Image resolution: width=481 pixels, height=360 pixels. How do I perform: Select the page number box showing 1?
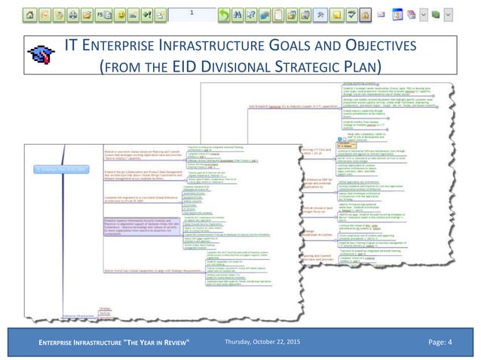(x=191, y=14)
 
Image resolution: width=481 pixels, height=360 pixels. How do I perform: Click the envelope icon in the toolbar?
(x=381, y=14)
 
